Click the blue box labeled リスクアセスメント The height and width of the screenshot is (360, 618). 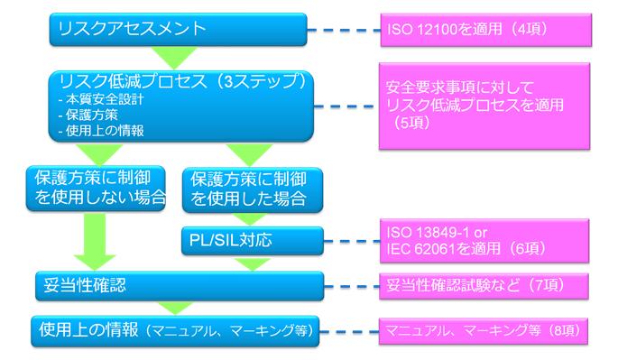pyautogui.click(x=176, y=28)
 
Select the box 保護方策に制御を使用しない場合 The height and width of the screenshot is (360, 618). pyautogui.click(x=95, y=185)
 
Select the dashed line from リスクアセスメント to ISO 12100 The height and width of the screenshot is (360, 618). pyautogui.click(x=345, y=29)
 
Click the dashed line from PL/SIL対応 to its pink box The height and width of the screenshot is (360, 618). pyautogui.click(x=345, y=242)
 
